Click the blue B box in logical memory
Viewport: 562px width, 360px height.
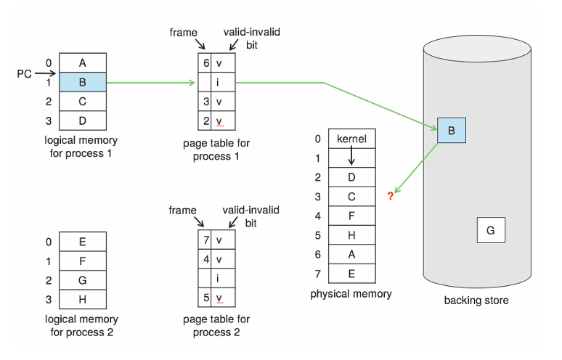click(82, 82)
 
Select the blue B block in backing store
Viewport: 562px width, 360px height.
click(451, 131)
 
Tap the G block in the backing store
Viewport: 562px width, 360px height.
click(490, 230)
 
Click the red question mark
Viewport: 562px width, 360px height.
click(390, 197)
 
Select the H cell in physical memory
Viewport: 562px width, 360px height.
click(352, 236)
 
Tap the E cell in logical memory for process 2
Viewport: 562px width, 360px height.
click(82, 242)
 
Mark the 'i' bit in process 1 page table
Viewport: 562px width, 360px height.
click(218, 82)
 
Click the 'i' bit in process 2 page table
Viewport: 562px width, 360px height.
click(218, 278)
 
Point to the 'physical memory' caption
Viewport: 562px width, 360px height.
click(351, 294)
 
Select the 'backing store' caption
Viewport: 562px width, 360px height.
click(476, 300)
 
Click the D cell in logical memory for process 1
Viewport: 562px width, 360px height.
click(82, 120)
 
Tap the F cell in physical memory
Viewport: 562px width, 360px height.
click(352, 216)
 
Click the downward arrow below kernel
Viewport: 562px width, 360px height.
click(352, 157)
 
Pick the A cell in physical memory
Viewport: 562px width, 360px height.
click(352, 255)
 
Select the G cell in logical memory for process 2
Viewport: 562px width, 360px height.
click(82, 280)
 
